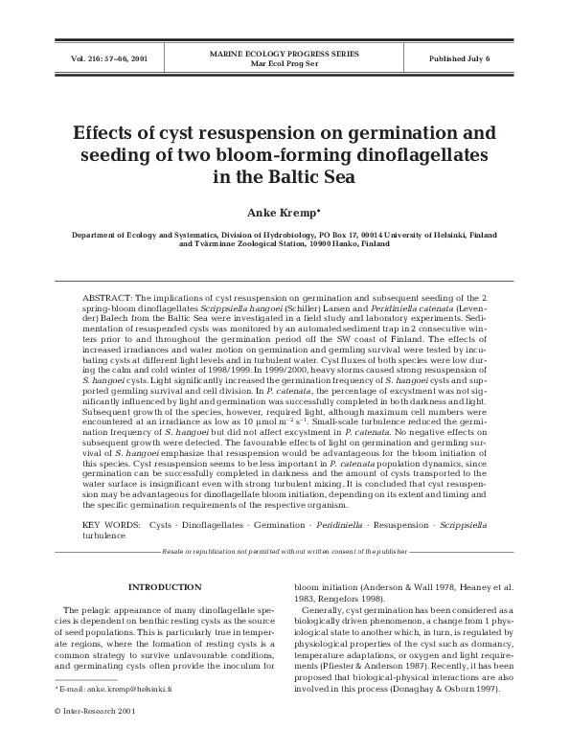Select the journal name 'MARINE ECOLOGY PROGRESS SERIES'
(x=284, y=54)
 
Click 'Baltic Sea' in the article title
(x=307, y=177)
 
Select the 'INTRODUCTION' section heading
(x=165, y=586)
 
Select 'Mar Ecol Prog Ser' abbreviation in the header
(x=284, y=63)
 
